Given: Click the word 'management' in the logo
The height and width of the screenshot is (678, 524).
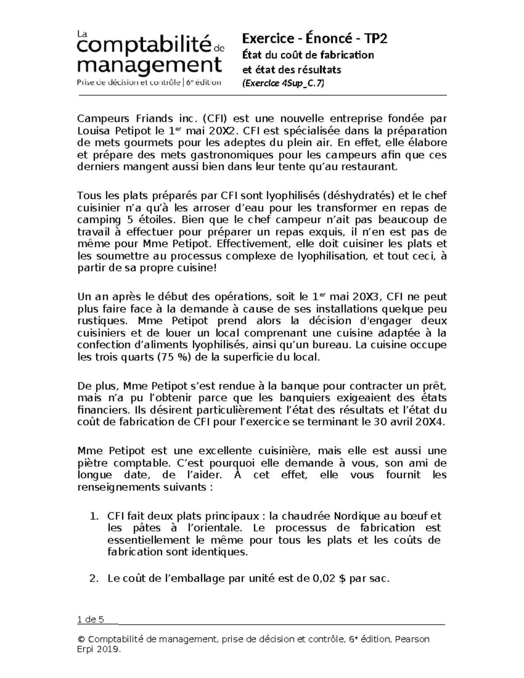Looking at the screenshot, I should pos(148,65).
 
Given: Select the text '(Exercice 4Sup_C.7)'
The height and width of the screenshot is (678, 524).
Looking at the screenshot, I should pos(283,83).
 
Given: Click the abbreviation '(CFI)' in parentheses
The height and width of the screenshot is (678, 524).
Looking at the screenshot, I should pos(215,119).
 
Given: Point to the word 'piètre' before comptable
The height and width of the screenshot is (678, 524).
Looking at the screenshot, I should pos(91,463).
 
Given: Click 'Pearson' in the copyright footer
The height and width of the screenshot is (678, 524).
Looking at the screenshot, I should pos(412,640).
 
